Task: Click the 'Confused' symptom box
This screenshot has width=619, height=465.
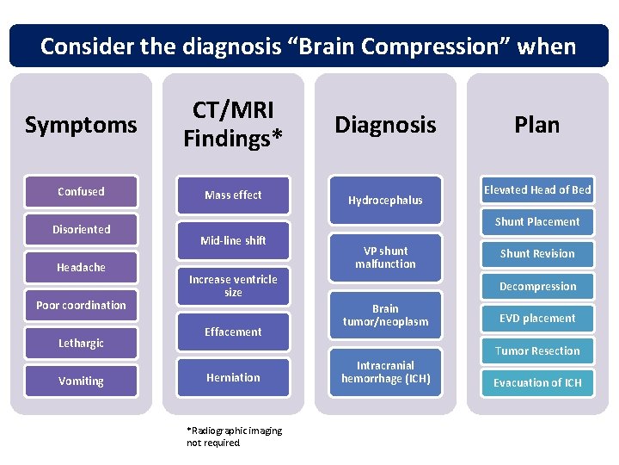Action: point(81,192)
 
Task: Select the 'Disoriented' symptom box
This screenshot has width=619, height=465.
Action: point(81,230)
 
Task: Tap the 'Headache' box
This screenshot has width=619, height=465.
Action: point(81,268)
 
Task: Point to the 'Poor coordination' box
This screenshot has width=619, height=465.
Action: point(81,306)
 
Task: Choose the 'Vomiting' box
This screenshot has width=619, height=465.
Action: point(81,381)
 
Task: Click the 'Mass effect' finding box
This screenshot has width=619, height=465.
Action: point(233,195)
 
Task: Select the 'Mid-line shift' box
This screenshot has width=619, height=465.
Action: point(233,241)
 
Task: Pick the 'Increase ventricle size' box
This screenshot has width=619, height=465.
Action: point(233,286)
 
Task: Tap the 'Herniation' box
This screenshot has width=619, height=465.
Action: point(233,377)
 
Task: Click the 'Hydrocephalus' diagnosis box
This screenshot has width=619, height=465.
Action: point(385,201)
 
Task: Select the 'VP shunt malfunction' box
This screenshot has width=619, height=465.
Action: point(385,257)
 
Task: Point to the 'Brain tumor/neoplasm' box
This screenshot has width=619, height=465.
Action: point(385,315)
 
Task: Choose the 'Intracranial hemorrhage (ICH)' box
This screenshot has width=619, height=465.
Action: point(385,372)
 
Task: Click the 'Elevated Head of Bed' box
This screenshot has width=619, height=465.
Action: point(537,190)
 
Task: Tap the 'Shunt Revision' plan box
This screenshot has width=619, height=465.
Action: point(537,254)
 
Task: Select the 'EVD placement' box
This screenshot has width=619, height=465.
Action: point(537,319)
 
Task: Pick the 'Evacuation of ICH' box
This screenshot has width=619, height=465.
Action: point(537,383)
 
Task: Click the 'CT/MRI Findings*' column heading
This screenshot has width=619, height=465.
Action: point(233,125)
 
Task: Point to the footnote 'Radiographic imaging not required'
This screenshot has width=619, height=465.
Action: point(234,437)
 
